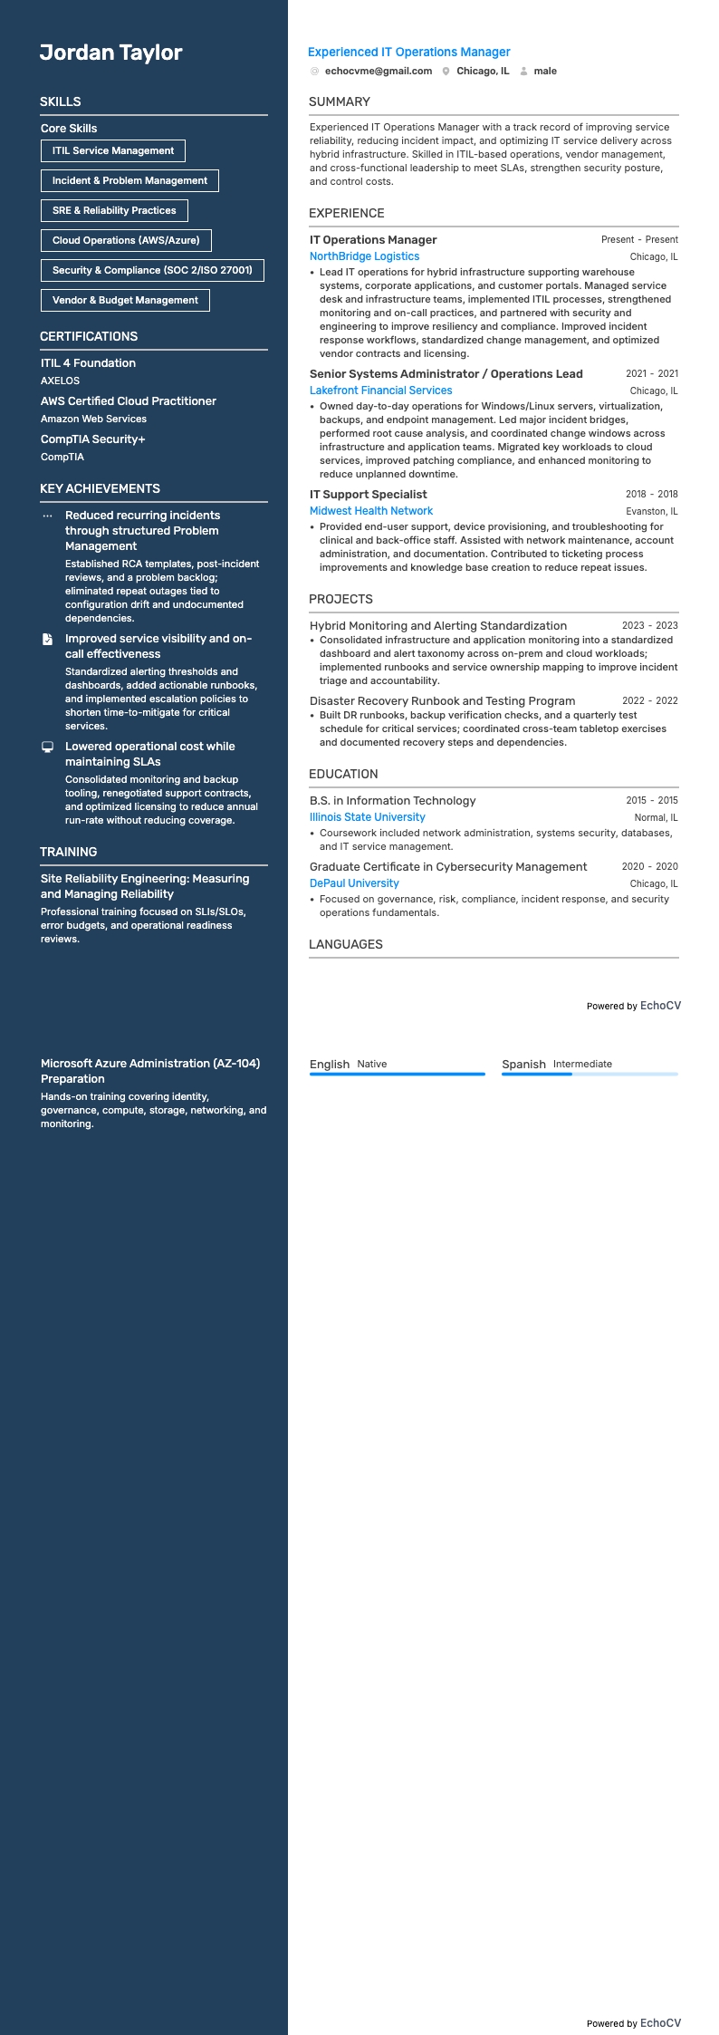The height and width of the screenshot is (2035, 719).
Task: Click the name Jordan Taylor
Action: coord(110,53)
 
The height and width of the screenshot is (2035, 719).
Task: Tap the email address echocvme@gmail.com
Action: coord(378,71)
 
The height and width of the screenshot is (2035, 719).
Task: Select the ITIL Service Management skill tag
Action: coord(113,151)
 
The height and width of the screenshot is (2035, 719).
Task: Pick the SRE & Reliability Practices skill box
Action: coord(114,211)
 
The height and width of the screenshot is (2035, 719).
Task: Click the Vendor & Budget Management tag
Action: coord(125,301)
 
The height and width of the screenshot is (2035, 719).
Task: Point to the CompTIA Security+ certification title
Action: coord(92,439)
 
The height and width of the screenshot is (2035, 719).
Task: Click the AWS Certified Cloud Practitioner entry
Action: coord(128,401)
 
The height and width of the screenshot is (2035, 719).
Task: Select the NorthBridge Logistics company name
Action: coord(364,256)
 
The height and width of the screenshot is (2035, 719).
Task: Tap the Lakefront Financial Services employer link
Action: coord(380,391)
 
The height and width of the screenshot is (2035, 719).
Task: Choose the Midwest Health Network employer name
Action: coord(371,511)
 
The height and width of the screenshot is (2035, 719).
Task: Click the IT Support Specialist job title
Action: coord(368,495)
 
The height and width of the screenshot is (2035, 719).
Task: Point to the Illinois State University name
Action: coord(367,817)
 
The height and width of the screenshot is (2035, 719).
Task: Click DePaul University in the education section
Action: coord(354,883)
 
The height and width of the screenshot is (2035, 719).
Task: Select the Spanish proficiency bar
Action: coord(590,1075)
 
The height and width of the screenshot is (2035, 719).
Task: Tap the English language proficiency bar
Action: coord(397,1075)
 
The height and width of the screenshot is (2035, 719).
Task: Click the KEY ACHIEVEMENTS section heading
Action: coord(100,489)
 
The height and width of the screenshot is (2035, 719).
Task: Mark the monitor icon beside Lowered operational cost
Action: coord(48,747)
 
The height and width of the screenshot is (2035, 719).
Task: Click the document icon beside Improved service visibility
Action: coord(48,640)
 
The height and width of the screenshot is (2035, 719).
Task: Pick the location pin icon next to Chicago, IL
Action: coord(446,72)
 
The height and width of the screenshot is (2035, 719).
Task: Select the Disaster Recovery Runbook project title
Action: coord(442,701)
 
